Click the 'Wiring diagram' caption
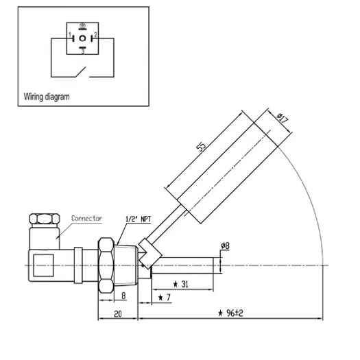[47, 97]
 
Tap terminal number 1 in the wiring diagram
[70, 35]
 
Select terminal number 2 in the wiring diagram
[96, 35]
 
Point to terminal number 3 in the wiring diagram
[83, 51]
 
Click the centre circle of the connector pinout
[82, 38]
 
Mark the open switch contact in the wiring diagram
[81, 72]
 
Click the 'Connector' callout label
[86, 218]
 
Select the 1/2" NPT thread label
[139, 219]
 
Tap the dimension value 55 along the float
[201, 147]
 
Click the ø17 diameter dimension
[282, 118]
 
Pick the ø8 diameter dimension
[225, 246]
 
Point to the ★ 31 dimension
[181, 285]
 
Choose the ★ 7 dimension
[165, 298]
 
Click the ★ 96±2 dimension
[230, 313]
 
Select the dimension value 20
[118, 314]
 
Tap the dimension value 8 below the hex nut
[123, 296]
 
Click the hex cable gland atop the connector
[45, 219]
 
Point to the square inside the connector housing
[44, 265]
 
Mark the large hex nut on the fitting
[106, 265]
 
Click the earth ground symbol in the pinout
[82, 26]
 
